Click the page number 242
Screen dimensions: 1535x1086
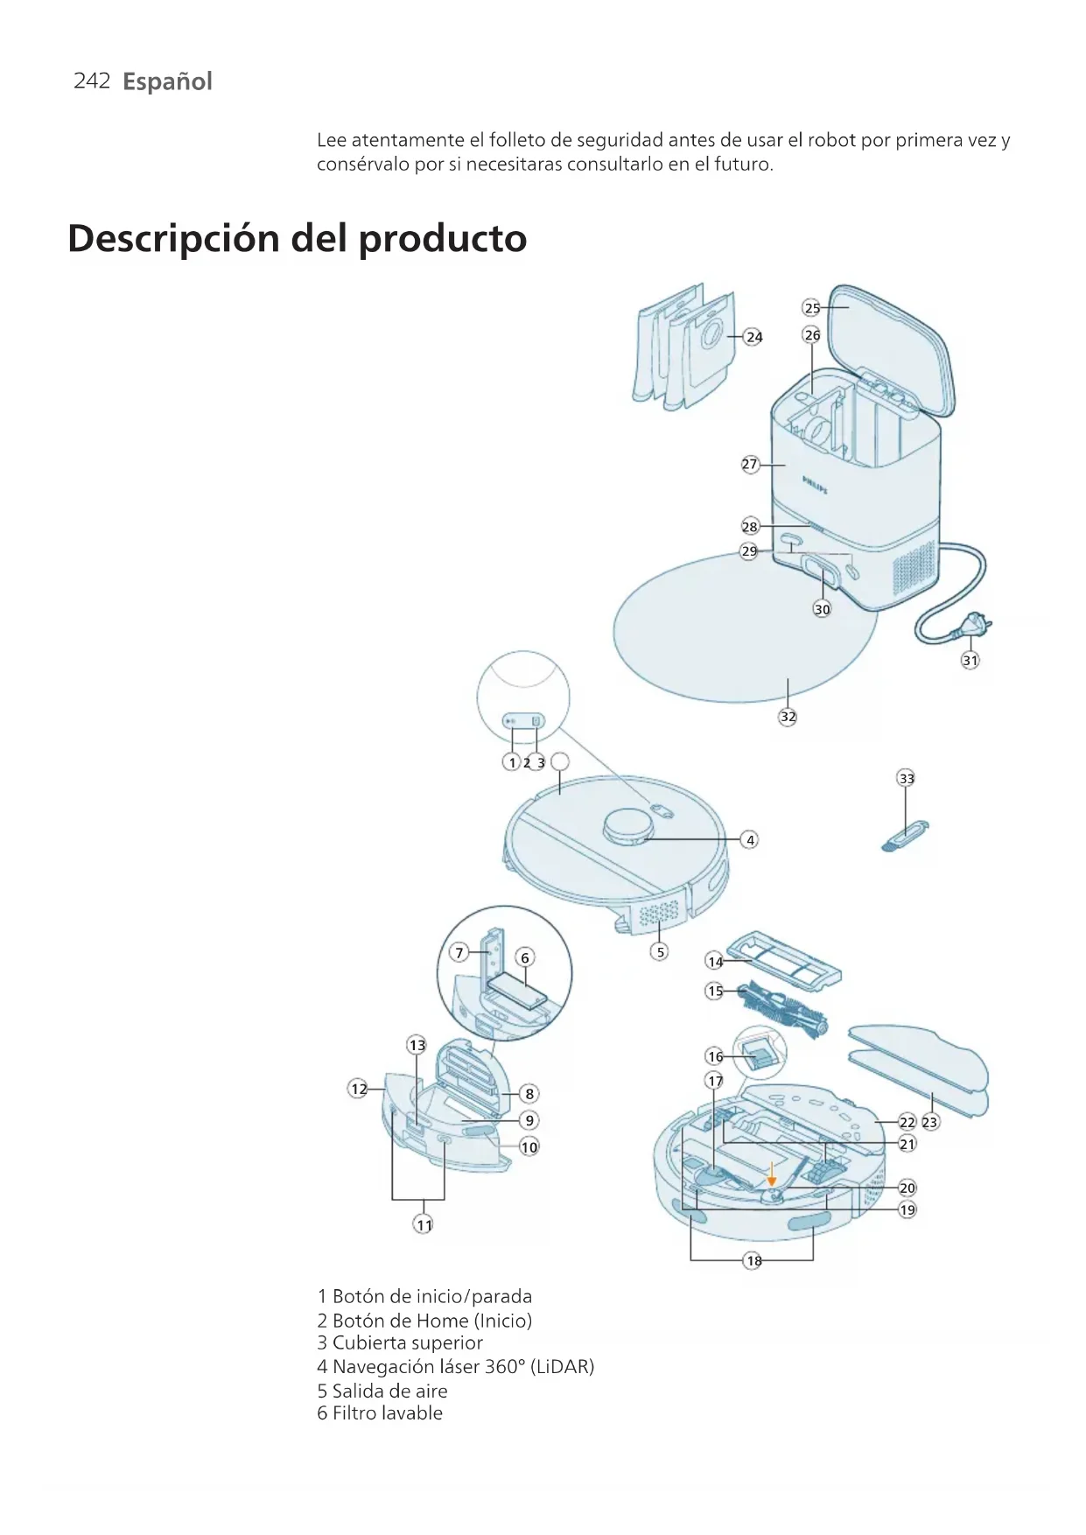(92, 81)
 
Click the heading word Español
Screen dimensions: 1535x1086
(167, 81)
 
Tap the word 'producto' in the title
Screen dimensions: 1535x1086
(443, 239)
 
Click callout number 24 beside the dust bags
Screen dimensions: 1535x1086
(753, 337)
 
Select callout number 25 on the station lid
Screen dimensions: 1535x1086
(812, 308)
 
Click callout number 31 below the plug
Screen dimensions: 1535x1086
(970, 661)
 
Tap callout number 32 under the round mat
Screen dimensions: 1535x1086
(788, 717)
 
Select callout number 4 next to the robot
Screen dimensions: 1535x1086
(750, 840)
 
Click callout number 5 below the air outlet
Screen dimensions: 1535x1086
(661, 952)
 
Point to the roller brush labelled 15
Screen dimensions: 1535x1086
(781, 1009)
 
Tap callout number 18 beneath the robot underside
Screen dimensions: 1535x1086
(753, 1261)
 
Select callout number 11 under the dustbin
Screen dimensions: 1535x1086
(424, 1225)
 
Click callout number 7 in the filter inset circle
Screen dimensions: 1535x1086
(459, 953)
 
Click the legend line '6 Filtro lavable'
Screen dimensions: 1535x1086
(380, 1413)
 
